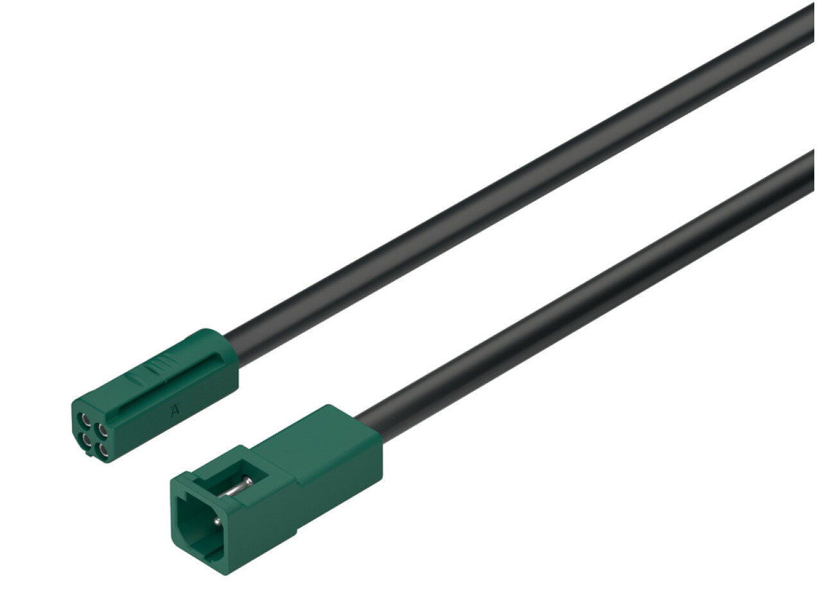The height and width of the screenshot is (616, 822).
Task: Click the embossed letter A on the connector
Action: coord(175,411)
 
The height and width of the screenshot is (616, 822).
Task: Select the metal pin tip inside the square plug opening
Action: coord(216,520)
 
